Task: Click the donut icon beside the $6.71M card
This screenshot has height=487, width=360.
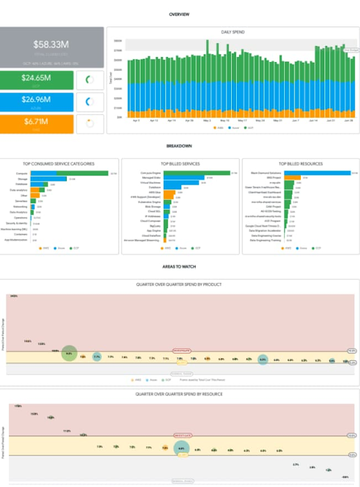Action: tap(89, 124)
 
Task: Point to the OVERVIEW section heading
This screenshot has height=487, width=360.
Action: tap(180, 13)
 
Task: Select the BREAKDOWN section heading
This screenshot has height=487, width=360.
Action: tap(180, 145)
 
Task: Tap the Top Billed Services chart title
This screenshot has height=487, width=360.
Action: tap(180, 163)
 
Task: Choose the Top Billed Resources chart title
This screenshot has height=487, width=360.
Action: tap(300, 163)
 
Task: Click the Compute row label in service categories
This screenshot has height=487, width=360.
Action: tap(22, 173)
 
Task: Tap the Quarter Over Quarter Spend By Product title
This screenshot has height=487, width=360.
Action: tap(180, 284)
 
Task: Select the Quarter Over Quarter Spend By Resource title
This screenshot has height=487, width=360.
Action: tap(180, 393)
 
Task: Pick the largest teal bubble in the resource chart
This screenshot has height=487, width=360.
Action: tap(181, 449)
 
